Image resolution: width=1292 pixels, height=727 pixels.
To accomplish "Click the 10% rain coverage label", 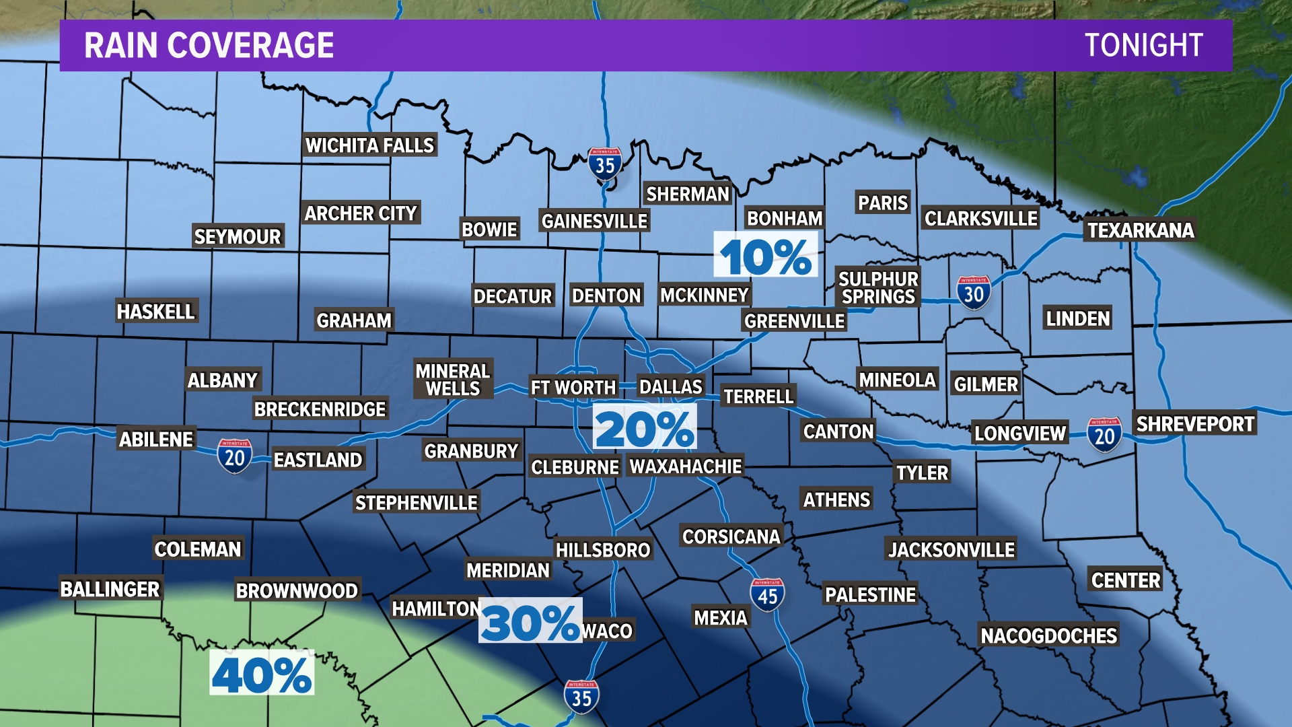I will [x=766, y=256].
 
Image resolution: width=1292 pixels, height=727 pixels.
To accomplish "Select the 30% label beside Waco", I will [x=530, y=622].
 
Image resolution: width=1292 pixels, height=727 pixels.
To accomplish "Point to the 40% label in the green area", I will [x=262, y=674].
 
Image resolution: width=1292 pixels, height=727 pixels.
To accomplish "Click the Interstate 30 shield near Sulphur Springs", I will [x=973, y=293].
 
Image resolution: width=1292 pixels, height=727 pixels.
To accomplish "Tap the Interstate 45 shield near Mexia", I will [x=767, y=595].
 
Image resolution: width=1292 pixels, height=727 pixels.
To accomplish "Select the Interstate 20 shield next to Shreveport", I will [x=1104, y=435].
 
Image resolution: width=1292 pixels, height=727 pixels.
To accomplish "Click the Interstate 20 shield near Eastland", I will [x=234, y=456].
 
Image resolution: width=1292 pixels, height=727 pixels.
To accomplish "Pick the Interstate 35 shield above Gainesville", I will [x=604, y=164].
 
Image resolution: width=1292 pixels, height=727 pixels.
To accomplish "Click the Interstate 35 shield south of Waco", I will [x=581, y=697].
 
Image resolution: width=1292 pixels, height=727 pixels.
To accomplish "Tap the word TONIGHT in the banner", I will [x=1143, y=45].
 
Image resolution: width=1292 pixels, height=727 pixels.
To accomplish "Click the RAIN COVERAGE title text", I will [x=209, y=45].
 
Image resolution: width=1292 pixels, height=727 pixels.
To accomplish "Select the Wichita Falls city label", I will [x=369, y=145].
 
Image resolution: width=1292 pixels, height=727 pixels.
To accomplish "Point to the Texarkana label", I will [x=1141, y=230].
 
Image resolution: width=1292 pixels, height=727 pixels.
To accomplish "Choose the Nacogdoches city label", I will [x=1048, y=635].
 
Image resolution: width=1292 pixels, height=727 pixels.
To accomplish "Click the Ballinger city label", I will [x=110, y=589].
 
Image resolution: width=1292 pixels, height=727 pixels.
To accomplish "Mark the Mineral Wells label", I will [x=453, y=380].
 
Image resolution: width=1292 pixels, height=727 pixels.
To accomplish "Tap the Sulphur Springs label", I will [x=878, y=287].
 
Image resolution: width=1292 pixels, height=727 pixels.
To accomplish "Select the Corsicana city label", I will [x=731, y=536].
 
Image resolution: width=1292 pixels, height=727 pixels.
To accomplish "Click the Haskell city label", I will [x=155, y=311].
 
